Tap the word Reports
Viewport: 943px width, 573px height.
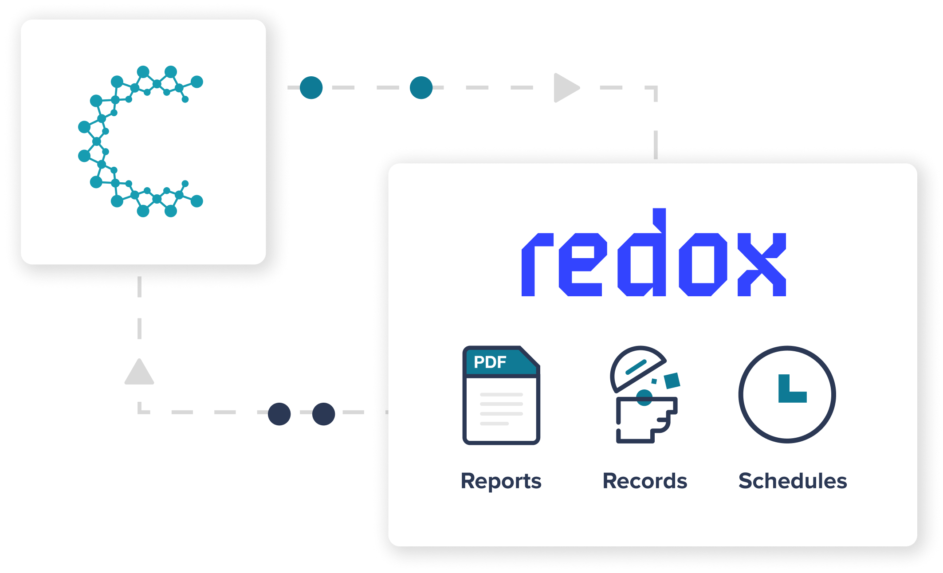(x=501, y=481)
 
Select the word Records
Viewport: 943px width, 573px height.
(x=644, y=481)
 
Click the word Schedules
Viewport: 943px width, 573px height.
(x=792, y=481)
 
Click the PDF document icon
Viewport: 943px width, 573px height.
(x=501, y=395)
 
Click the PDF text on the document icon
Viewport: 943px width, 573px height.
(x=490, y=362)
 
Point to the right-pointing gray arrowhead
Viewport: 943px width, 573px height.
(x=565, y=88)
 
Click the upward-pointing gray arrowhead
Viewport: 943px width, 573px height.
(x=139, y=373)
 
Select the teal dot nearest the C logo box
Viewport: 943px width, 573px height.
(x=311, y=88)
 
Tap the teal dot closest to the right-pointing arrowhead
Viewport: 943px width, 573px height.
(x=421, y=88)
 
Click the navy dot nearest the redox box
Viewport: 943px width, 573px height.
(x=323, y=414)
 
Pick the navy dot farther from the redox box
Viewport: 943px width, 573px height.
(x=279, y=414)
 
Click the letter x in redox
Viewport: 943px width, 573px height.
(x=761, y=265)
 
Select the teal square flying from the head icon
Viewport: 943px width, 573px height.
(x=672, y=381)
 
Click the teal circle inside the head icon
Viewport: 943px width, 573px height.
(x=644, y=397)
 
